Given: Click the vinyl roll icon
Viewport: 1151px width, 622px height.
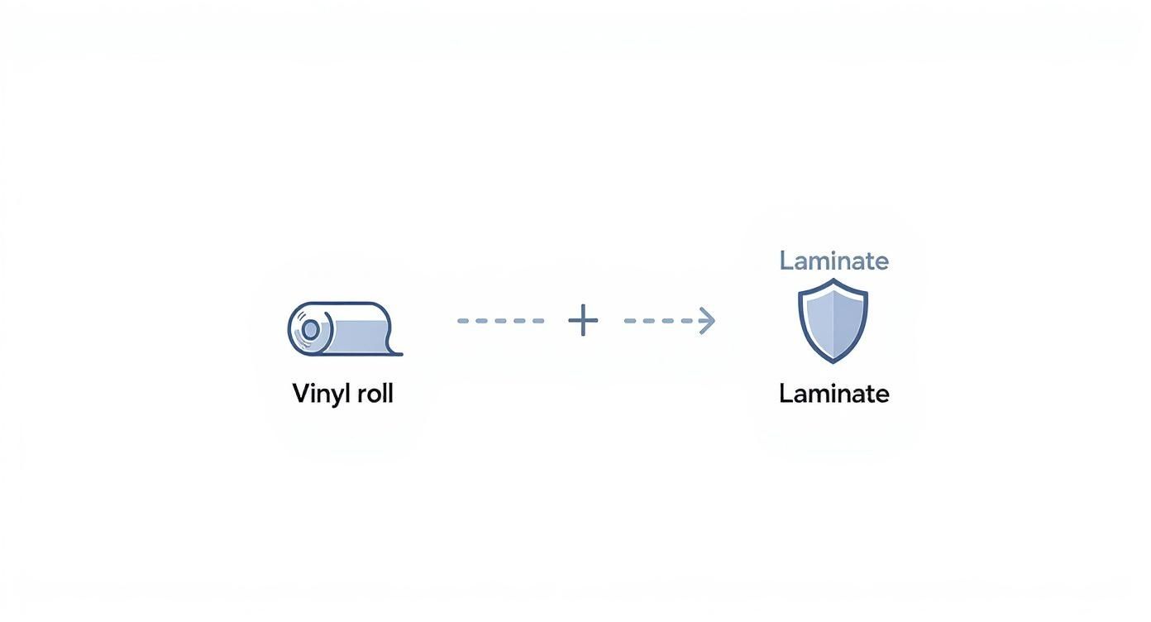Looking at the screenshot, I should pyautogui.click(x=343, y=329).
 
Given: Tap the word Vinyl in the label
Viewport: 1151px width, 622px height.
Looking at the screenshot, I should pyautogui.click(x=317, y=394).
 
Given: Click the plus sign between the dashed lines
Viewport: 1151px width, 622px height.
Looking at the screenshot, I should pyautogui.click(x=583, y=320).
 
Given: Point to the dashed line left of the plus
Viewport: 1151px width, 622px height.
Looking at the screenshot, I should pyautogui.click(x=500, y=321).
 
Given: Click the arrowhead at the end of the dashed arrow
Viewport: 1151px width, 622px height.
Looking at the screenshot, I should pyautogui.click(x=707, y=321).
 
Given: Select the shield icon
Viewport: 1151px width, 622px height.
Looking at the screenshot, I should pyautogui.click(x=833, y=321).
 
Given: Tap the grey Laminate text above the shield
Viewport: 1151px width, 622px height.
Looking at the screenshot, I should pyautogui.click(x=833, y=261).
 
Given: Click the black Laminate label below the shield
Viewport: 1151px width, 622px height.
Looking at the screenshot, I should pyautogui.click(x=833, y=394).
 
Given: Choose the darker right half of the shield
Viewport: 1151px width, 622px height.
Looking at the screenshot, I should pyautogui.click(x=848, y=318).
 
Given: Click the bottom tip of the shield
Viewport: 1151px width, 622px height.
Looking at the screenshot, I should pyautogui.click(x=833, y=361).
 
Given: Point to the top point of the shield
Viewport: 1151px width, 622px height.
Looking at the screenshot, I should pyautogui.click(x=833, y=280).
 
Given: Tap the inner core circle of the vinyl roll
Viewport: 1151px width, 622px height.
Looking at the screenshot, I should pyautogui.click(x=310, y=330).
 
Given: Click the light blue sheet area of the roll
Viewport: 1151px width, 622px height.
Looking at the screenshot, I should pyautogui.click(x=360, y=335).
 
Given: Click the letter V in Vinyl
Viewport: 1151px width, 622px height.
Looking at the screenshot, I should pyautogui.click(x=300, y=394).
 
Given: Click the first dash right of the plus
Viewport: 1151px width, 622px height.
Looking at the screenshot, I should pyautogui.click(x=630, y=321).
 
